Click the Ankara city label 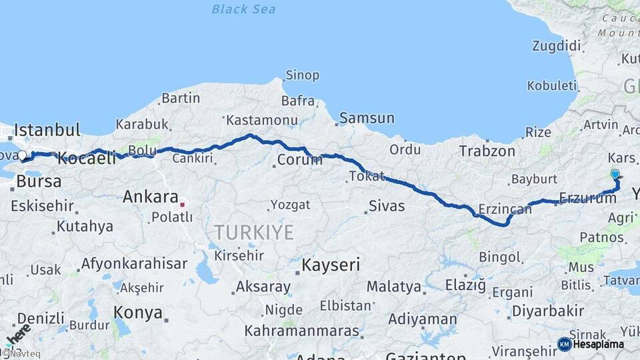[x=150, y=197]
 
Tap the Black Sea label [x=243, y=9]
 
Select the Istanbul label [x=47, y=129]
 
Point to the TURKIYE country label [x=253, y=233]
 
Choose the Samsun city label [x=367, y=119]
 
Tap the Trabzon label [x=487, y=151]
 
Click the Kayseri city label [x=331, y=265]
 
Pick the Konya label [x=138, y=312]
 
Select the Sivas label [x=387, y=206]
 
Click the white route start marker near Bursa [x=22, y=156]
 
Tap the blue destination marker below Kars [x=615, y=175]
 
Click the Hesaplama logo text [x=597, y=344]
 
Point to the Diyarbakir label [x=549, y=311]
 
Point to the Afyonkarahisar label [x=134, y=263]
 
